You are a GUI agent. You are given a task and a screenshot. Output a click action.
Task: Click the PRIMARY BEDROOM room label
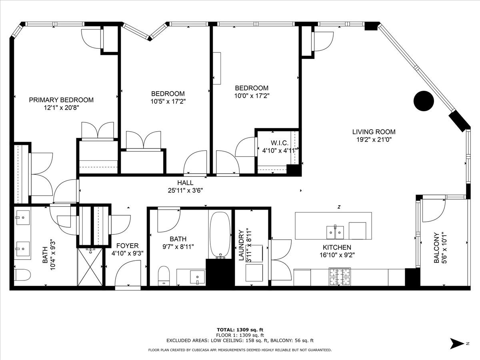pos(61,100)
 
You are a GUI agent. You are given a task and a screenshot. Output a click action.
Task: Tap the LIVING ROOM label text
pos(374,132)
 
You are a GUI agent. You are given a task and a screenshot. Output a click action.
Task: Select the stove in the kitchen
pos(339,276)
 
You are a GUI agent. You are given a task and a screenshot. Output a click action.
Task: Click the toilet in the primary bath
pos(22,275)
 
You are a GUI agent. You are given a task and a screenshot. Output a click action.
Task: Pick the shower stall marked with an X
pos(90,267)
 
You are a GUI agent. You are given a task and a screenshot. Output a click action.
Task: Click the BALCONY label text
pos(437,248)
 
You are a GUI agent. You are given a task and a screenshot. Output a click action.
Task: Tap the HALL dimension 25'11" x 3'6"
pos(186,190)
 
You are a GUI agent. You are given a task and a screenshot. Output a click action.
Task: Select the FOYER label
pos(127,246)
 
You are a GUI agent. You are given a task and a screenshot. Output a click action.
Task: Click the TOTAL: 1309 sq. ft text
pos(240,329)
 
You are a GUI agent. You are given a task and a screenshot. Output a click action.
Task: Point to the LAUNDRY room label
pos(241,245)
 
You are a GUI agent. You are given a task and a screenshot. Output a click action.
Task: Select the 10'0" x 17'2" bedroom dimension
pos(251,96)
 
